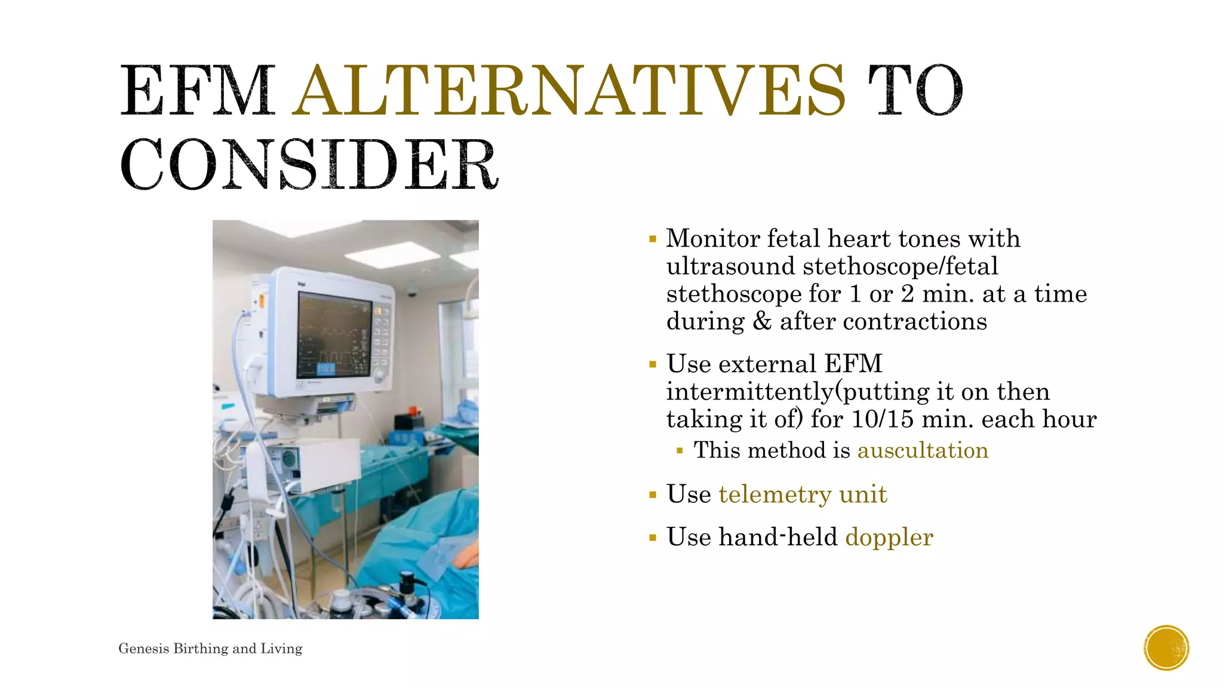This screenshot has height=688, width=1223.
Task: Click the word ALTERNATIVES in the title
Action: (x=570, y=91)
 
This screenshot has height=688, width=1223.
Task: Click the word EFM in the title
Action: (x=197, y=91)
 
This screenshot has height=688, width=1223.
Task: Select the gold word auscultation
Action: (x=923, y=450)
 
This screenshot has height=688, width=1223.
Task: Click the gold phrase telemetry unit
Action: (x=803, y=494)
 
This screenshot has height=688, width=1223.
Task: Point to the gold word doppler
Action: (x=889, y=537)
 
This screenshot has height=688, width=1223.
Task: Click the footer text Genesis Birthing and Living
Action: (x=210, y=649)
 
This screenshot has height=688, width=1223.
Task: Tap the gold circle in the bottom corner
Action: (x=1166, y=648)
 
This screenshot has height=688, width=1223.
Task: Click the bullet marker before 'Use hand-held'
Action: (x=653, y=538)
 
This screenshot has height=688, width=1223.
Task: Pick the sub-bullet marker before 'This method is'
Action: (x=680, y=451)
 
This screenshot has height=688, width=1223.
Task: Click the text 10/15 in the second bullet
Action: (x=883, y=419)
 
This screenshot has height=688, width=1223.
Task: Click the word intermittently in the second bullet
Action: (x=749, y=392)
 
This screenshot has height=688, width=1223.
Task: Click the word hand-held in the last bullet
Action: (x=778, y=537)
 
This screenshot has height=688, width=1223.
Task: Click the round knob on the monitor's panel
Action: (x=379, y=376)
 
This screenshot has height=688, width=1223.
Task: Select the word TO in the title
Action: (x=915, y=91)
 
